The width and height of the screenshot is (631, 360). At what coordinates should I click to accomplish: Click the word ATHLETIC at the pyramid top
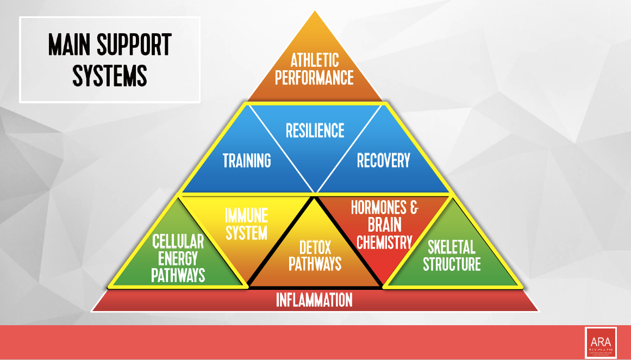point(315,60)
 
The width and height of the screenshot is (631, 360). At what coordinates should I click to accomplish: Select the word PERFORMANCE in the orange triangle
point(314,77)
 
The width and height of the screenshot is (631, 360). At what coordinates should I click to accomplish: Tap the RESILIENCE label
point(315,131)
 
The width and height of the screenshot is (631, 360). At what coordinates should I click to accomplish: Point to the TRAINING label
point(247,161)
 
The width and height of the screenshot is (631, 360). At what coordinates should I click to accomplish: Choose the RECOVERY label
point(383,161)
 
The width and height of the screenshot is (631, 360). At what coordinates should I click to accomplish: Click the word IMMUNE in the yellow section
point(246,216)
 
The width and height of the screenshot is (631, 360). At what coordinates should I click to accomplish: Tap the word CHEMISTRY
point(384,242)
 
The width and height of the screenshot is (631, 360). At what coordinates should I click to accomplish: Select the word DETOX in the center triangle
point(315,248)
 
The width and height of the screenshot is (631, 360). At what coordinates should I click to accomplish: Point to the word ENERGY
point(178,258)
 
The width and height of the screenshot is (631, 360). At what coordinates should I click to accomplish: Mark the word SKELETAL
point(452,248)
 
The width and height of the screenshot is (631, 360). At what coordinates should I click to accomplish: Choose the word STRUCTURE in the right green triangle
point(452,265)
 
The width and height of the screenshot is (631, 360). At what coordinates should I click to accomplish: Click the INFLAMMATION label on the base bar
point(314,300)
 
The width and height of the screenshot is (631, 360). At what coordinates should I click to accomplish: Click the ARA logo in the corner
point(601,342)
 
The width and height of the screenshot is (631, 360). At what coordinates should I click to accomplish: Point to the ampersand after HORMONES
point(414,208)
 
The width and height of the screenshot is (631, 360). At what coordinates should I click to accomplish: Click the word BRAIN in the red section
point(384,225)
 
